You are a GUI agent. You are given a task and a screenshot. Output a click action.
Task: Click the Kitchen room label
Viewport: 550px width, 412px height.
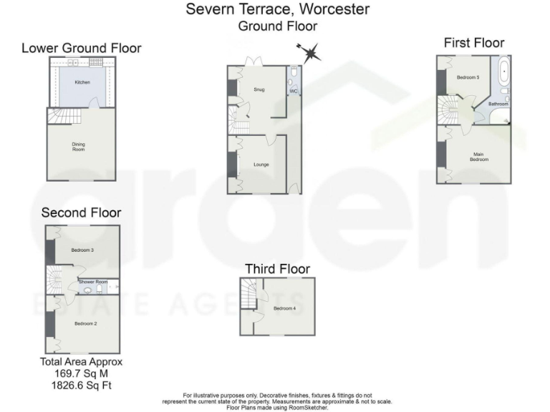pos(82,83)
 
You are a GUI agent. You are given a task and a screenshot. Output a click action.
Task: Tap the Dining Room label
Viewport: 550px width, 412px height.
pos(78,147)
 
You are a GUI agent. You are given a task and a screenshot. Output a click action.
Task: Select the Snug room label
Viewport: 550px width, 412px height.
pos(259,90)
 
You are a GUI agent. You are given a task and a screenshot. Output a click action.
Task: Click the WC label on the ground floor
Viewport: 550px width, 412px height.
pos(293,92)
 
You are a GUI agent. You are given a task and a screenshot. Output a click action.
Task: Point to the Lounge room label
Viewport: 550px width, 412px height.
pos(261,165)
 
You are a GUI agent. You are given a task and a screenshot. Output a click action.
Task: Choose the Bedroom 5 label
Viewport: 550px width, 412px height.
pos(468,77)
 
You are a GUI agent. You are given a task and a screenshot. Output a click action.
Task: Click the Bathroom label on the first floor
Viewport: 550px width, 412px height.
pos(498,104)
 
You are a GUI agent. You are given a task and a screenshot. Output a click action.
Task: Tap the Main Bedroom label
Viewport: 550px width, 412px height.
pos(479,157)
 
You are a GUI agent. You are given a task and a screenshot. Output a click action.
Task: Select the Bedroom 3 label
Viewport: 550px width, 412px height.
pos(83,250)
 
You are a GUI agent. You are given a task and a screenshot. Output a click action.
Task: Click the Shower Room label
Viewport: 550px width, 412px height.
pos(93,282)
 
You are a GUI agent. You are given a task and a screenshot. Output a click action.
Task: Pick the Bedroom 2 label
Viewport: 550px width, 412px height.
pos(85,323)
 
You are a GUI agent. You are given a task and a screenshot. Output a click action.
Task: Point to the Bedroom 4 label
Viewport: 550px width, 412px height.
pos(284,308)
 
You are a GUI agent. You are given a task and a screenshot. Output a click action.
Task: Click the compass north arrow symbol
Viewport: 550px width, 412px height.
pos(311,51)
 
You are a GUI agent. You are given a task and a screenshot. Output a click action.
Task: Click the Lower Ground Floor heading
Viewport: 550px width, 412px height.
pos(81,48)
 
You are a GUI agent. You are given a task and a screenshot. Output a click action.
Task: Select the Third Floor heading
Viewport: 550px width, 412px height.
pos(277,269)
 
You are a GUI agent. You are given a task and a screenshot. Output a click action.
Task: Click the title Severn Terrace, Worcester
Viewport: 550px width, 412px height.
pos(277,9)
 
